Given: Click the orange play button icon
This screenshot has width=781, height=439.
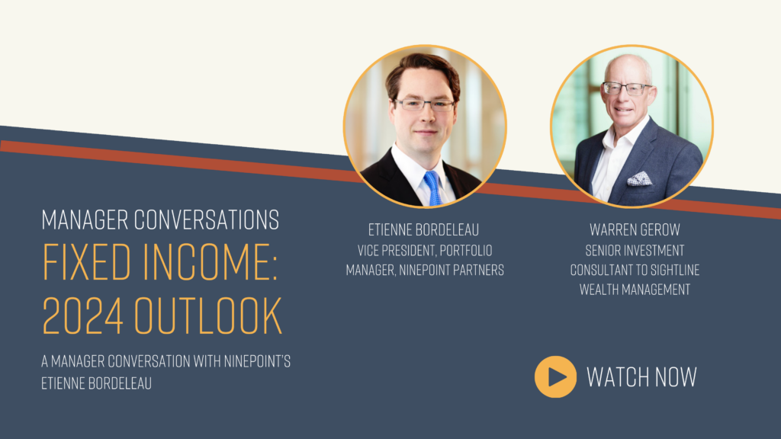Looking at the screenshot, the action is point(555,377).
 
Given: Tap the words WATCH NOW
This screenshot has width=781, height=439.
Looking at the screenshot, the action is point(641,377).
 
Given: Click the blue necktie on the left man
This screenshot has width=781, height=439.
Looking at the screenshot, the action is point(432,188).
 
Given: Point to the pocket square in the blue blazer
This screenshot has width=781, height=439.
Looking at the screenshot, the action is point(639,178).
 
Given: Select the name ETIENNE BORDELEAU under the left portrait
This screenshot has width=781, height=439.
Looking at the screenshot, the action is point(423,230).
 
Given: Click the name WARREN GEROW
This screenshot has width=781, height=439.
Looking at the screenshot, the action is point(635,230).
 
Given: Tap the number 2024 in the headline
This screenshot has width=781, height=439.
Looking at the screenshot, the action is point(82,316).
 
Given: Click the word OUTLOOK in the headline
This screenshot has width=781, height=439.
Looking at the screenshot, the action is point(207,316).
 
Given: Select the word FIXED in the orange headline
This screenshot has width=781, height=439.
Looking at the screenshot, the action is point(87,261).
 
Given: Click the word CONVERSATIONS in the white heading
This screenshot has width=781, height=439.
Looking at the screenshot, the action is point(206,219).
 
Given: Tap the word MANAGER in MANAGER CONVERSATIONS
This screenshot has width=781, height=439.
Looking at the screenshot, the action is point(85,219).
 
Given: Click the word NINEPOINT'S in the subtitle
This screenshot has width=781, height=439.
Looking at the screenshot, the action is point(257,360).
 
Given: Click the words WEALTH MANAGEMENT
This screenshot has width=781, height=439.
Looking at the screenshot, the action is point(635,289).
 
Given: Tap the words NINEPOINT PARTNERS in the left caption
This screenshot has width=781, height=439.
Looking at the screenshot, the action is point(452,270).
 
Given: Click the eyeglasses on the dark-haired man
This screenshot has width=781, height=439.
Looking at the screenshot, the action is point(425,104).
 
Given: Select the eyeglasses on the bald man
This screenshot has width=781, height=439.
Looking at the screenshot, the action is point(627,88).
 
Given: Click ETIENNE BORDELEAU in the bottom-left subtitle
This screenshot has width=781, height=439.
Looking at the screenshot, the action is point(96,383).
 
